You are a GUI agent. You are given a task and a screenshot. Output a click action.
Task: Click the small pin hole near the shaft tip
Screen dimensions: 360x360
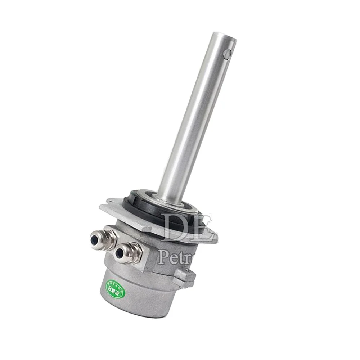226,54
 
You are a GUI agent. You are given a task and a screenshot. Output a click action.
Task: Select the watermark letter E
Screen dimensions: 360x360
203,228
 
